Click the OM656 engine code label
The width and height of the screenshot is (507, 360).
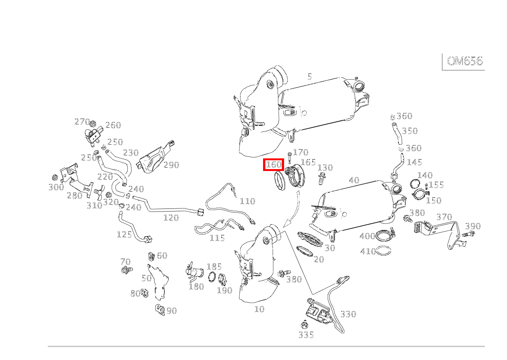[x=464, y=61]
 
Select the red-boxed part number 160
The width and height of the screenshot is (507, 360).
[x=274, y=165]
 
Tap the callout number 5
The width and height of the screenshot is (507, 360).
[x=310, y=77]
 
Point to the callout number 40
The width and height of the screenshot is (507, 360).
[x=354, y=180]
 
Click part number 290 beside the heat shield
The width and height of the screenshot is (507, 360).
[x=171, y=165]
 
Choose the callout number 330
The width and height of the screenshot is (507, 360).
[x=348, y=314]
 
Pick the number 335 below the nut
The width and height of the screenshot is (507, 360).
[x=306, y=335]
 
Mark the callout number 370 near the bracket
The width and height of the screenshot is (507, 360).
[x=444, y=217]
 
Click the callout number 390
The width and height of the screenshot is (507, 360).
[x=473, y=226]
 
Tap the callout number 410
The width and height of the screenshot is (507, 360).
[x=368, y=251]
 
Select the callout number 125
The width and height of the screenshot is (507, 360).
[x=124, y=234]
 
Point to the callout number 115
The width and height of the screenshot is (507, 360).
[x=217, y=238]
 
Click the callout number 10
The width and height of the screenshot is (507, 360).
[x=259, y=309]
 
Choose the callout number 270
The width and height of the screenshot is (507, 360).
[x=82, y=122]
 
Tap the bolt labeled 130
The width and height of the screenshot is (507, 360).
[x=321, y=178]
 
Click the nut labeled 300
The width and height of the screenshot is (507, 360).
[x=54, y=178]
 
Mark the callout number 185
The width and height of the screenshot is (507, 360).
[x=214, y=266]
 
